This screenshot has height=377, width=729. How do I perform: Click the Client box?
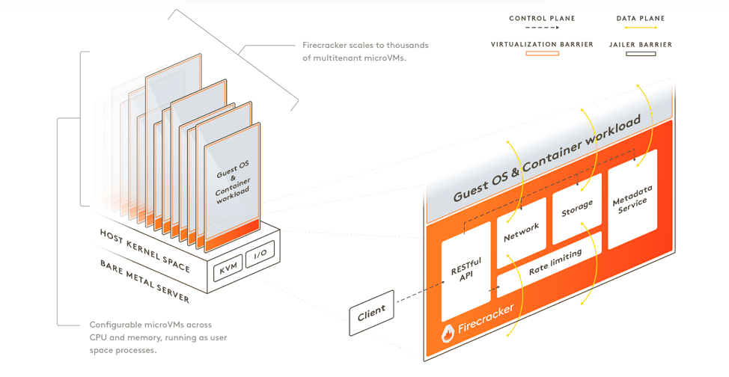pyautogui.click(x=371, y=311)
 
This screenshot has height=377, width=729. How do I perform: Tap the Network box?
pyautogui.click(x=522, y=233)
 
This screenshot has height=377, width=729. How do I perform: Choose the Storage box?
pyautogui.click(x=576, y=209)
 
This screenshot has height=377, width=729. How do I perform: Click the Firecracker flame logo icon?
pyautogui.click(x=448, y=333)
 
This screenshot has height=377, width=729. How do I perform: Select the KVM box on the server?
pyautogui.click(x=228, y=267)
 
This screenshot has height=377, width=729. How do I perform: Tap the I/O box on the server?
pyautogui.click(x=260, y=254)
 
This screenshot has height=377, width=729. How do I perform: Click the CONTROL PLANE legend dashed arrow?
pyautogui.click(x=543, y=28)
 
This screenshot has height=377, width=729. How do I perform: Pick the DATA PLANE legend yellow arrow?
pyautogui.click(x=641, y=28)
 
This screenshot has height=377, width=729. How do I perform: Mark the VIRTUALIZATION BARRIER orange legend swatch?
pyautogui.click(x=543, y=54)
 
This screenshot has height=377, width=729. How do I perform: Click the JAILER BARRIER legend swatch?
pyautogui.click(x=641, y=54)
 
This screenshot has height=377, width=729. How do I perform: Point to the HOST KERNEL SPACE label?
pyautogui.click(x=144, y=251)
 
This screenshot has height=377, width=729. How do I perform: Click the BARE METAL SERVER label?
pyautogui.click(x=144, y=281)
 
